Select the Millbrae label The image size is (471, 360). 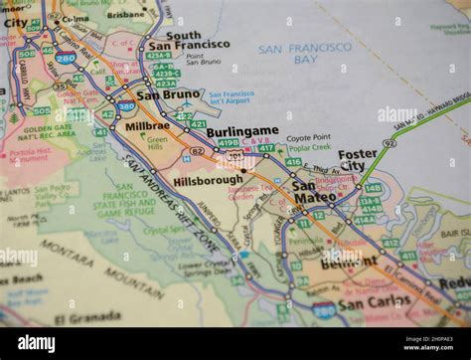click(147, 126)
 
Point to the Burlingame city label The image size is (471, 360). click(241, 131)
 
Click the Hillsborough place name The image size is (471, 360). click(208, 180)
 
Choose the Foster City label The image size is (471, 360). click(357, 160)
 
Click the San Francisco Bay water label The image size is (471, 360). click(304, 54)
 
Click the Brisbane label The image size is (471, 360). click(127, 15)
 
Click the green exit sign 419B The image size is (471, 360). click(228, 143)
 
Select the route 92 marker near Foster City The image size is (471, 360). click(390, 143)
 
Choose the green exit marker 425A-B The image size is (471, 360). click(159, 56)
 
